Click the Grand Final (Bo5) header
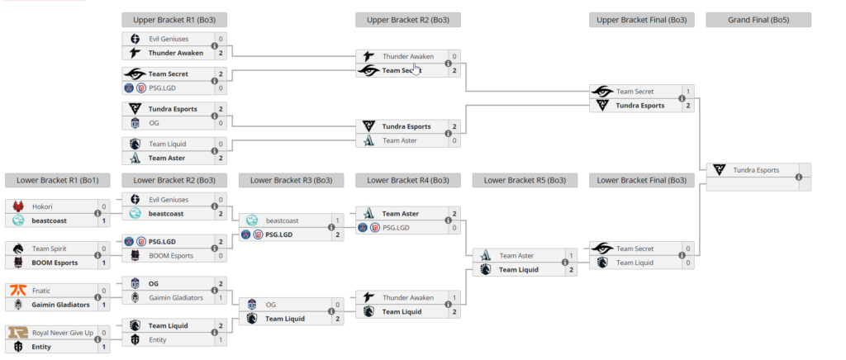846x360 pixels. (758, 20)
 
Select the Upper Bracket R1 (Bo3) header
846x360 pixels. (174, 20)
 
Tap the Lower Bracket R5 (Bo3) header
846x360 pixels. (525, 180)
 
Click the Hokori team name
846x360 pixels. (43, 206)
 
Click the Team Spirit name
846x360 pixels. (49, 248)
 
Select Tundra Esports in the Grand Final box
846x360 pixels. (755, 170)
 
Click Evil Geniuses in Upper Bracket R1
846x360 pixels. (169, 39)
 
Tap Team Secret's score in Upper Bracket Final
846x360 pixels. (688, 91)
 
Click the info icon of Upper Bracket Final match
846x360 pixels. (682, 98)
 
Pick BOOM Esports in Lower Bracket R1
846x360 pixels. (55, 263)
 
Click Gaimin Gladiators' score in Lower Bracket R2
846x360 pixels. (221, 297)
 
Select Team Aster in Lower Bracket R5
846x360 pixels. (516, 255)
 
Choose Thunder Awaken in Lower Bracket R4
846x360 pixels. (407, 297)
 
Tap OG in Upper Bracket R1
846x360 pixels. (154, 123)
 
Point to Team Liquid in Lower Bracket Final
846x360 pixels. (634, 263)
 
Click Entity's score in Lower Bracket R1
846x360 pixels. (103, 347)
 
